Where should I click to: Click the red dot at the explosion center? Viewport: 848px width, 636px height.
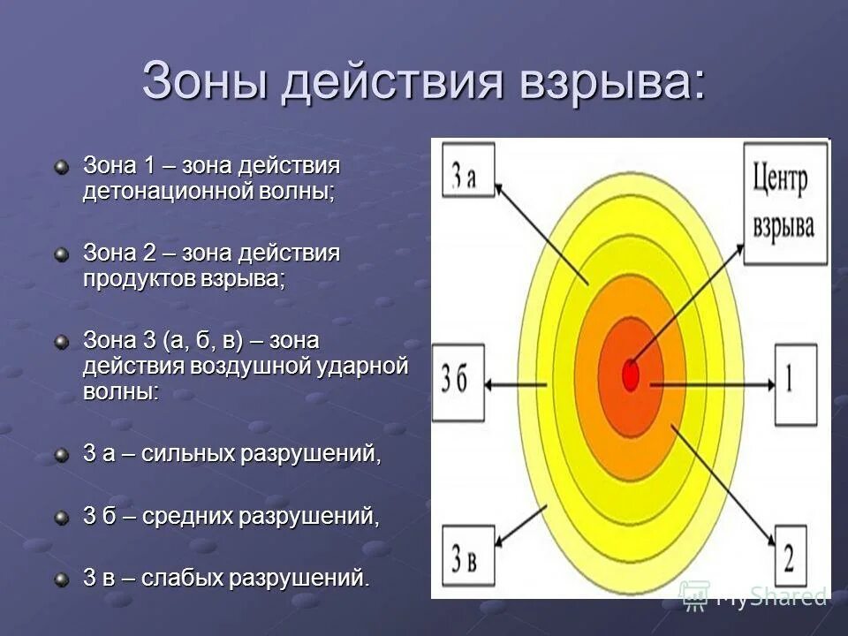[630, 375]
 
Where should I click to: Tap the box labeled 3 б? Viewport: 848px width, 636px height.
[458, 381]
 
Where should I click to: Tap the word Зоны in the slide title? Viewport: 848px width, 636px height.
[206, 81]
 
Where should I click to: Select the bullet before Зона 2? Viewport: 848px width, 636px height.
[61, 254]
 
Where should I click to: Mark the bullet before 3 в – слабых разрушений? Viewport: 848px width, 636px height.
[61, 579]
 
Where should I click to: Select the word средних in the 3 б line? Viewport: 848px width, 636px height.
[187, 516]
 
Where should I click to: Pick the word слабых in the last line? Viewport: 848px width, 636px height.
[181, 578]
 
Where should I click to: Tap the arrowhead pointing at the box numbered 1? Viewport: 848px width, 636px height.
[768, 383]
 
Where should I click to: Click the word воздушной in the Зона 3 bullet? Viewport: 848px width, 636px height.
[247, 365]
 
